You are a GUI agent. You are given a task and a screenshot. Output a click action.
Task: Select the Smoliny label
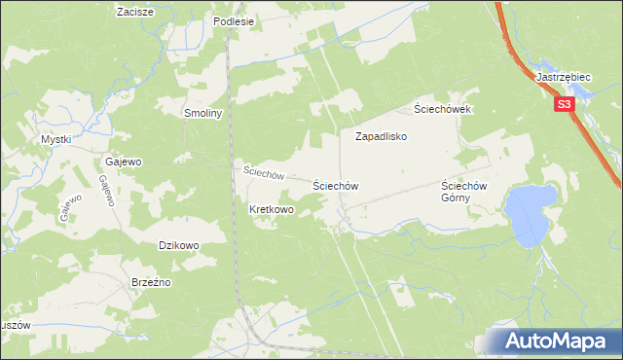pos(204,113)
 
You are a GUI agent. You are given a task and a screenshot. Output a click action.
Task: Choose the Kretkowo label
pos(272,209)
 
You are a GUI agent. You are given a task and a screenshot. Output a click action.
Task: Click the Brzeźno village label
pos(151,282)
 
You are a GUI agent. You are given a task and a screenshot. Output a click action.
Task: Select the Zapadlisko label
pos(380,137)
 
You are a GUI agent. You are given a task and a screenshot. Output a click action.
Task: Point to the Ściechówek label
pos(442,109)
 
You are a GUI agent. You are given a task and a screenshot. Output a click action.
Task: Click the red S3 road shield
pos(564,104)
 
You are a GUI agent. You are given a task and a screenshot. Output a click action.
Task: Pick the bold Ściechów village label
pos(336,185)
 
